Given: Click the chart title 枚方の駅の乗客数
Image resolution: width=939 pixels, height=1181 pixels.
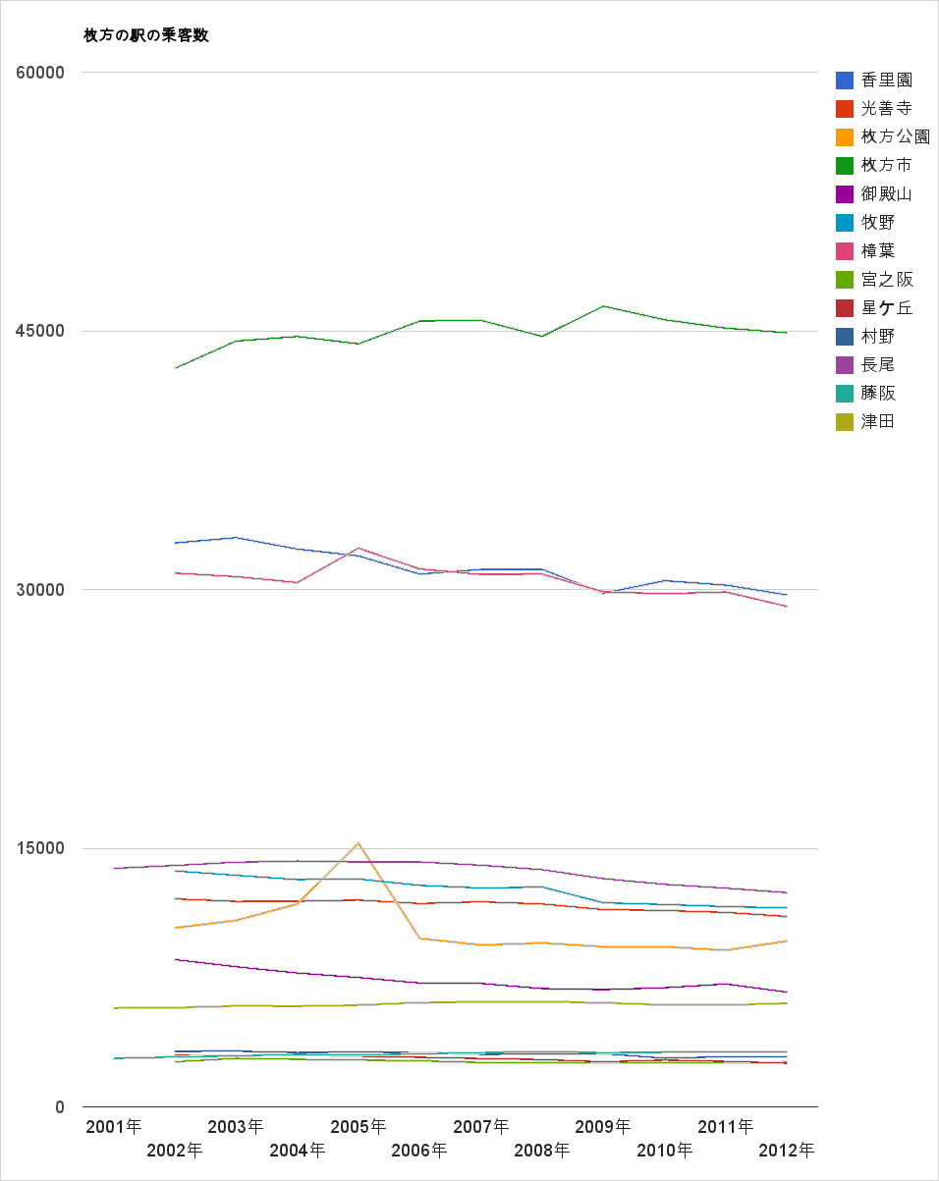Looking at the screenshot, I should pyautogui.click(x=146, y=35).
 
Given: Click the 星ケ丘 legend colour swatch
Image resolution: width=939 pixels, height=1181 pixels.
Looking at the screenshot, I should pyautogui.click(x=844, y=308).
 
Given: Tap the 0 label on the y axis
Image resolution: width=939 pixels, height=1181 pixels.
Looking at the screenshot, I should pyautogui.click(x=59, y=1107).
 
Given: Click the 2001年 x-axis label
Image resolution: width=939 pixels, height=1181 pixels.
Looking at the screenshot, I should pyautogui.click(x=114, y=1126).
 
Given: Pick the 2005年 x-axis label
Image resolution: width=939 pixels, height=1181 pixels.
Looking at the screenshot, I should pyautogui.click(x=359, y=1126).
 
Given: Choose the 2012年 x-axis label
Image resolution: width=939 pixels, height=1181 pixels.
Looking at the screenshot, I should pyautogui.click(x=787, y=1150).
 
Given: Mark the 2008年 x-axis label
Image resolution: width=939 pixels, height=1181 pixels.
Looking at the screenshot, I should pyautogui.click(x=542, y=1150).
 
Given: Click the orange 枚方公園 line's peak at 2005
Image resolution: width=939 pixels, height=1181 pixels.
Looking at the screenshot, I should pyautogui.click(x=359, y=842).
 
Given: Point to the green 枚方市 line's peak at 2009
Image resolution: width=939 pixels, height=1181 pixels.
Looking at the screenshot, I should pyautogui.click(x=603, y=306).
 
